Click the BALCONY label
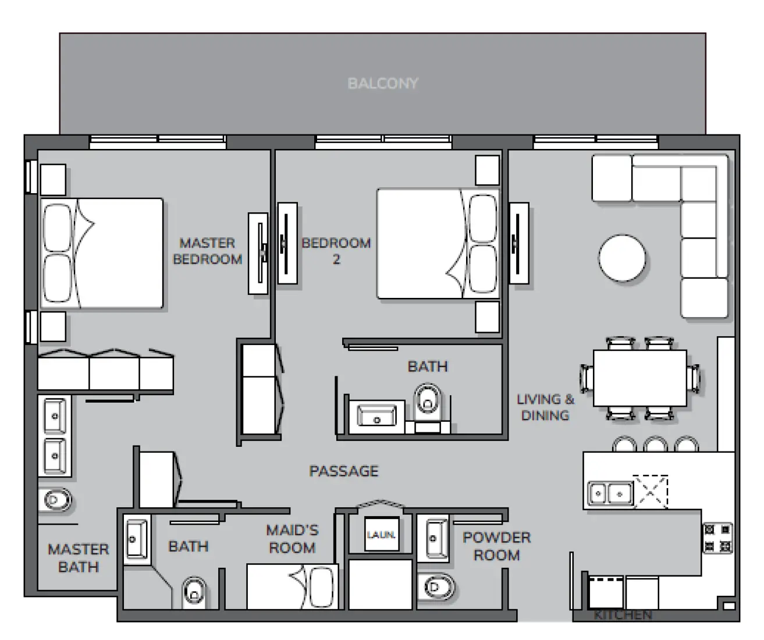pyautogui.click(x=382, y=83)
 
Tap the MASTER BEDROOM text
pyautogui.click(x=207, y=251)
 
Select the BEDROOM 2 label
pyautogui.click(x=336, y=251)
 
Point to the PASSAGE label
pyautogui.click(x=343, y=471)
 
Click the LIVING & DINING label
pyautogui.click(x=545, y=407)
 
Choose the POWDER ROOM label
pyautogui.click(x=496, y=546)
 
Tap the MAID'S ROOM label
pyautogui.click(x=292, y=539)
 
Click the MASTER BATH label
pyautogui.click(x=78, y=557)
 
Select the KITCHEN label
pyautogui.click(x=623, y=614)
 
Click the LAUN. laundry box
pyautogui.click(x=381, y=534)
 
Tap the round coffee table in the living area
pyautogui.click(x=622, y=258)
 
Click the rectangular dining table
pyautogui.click(x=639, y=378)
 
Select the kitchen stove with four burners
pyautogui.click(x=717, y=538)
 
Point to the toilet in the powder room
pyautogui.click(x=436, y=586)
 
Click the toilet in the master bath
pyautogui.click(x=56, y=499)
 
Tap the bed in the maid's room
pyautogui.click(x=292, y=586)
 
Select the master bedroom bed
pyautogui.click(x=101, y=253)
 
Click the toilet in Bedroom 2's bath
pyautogui.click(x=428, y=401)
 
